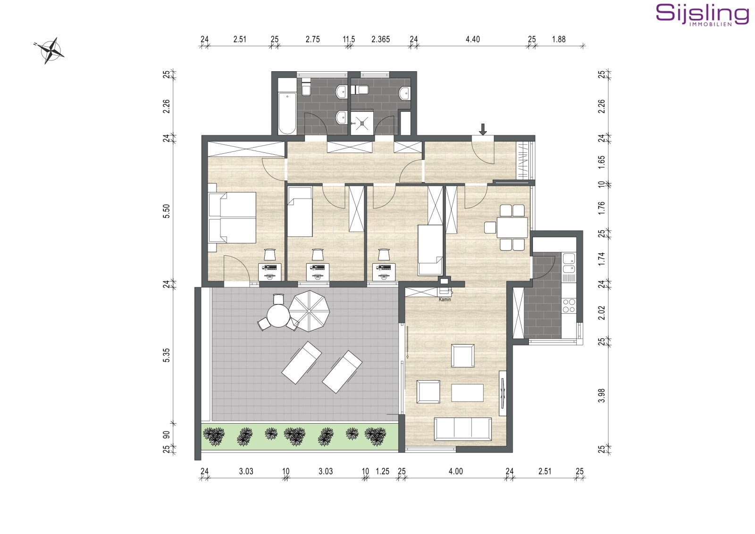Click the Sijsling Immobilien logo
coord(702,15)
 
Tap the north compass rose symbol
coord(49,50)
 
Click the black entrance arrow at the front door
coord(483,129)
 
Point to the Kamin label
coord(445,300)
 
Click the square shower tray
coord(362,123)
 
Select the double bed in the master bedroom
coord(232,217)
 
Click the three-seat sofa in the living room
coord(462,428)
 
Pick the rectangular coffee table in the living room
coord(467,392)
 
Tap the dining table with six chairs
coord(512,227)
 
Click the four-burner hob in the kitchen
coord(569,306)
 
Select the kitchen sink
coord(569,259)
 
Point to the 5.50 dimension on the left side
coord(166,211)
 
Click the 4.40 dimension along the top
coord(472,39)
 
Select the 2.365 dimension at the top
coord(380,39)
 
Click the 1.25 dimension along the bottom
coord(382,471)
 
